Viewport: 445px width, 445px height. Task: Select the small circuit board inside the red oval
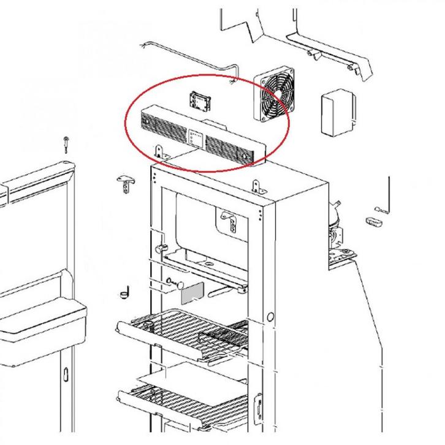200,100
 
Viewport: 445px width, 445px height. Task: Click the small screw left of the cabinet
65,145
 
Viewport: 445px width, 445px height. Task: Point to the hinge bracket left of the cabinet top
125,182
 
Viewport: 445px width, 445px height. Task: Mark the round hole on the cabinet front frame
270,318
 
